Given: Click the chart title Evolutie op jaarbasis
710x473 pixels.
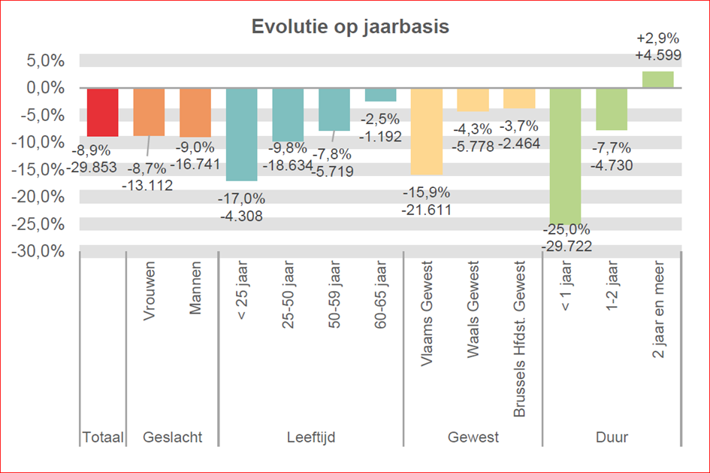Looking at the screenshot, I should click(349, 27).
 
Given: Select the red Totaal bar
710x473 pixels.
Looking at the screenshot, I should click(102, 112).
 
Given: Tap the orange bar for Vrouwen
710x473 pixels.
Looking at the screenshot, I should click(149, 111).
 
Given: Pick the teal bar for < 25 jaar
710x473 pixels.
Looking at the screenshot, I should click(241, 134).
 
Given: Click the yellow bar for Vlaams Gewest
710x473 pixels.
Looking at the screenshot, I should click(426, 131).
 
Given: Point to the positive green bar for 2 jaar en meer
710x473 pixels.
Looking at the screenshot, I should click(657, 79).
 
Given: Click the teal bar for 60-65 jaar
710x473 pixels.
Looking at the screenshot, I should click(380, 95).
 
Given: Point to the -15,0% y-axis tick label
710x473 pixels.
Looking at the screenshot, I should click(37, 169).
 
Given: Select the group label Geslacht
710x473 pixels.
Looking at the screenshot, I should click(172, 437).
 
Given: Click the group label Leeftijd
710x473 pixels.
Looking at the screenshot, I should click(310, 437).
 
